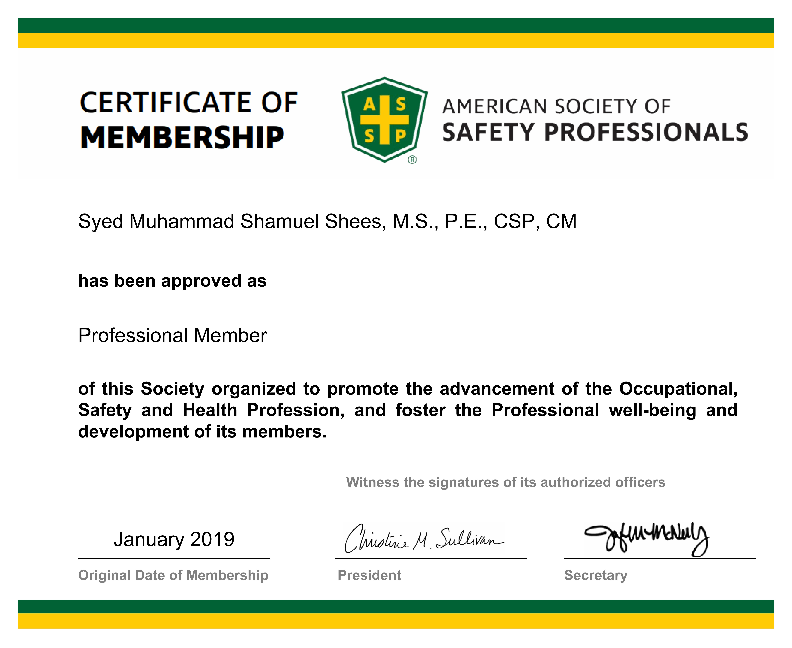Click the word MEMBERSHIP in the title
(x=182, y=137)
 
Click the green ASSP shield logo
(x=384, y=119)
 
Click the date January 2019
(x=174, y=539)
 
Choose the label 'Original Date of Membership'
(x=173, y=575)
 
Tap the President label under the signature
(x=369, y=575)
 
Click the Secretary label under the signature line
(x=595, y=575)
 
